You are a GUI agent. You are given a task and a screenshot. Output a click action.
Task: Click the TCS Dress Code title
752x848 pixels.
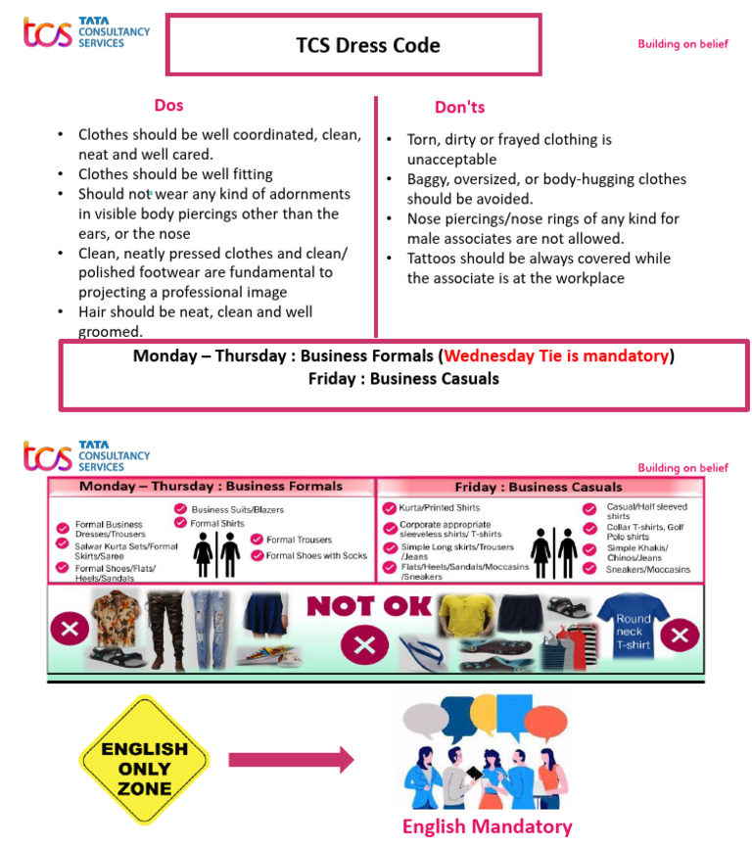coord(368,45)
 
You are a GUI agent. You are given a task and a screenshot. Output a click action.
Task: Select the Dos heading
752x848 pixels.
coord(168,106)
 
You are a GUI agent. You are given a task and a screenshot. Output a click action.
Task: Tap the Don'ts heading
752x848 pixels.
coord(459,107)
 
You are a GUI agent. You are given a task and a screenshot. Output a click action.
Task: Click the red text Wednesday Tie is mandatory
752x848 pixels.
coord(557,355)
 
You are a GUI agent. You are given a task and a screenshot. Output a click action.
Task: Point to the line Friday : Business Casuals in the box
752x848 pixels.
coord(403,379)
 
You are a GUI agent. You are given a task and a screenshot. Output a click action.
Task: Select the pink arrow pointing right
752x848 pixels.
coord(291,759)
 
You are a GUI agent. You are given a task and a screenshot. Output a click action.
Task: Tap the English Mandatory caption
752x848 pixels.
coord(487,826)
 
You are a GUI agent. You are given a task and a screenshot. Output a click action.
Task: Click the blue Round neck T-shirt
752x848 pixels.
coord(633,627)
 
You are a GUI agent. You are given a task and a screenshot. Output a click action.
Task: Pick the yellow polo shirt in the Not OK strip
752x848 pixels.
coord(463,616)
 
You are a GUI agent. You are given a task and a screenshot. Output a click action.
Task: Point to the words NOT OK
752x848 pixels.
coord(369,606)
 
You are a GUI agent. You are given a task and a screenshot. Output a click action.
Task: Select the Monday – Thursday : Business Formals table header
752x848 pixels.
coord(211,487)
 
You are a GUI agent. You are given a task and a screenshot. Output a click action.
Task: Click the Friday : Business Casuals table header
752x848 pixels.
coord(538,487)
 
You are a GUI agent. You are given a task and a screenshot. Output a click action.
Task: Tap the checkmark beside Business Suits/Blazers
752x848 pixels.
coord(181,509)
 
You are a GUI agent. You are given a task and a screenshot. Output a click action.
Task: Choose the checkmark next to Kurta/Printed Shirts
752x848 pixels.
coord(390,508)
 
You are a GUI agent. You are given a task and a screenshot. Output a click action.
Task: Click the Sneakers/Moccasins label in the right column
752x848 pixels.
coord(648,569)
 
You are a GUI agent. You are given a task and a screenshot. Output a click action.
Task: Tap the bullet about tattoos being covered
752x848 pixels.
coord(539,268)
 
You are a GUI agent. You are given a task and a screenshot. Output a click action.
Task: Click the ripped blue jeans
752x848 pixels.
coord(208,628)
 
